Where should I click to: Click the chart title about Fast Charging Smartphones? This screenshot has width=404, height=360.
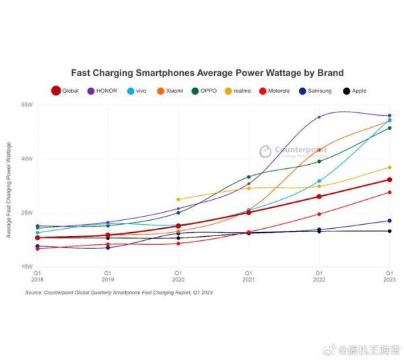(207, 72)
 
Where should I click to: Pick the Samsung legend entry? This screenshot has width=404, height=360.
(313, 91)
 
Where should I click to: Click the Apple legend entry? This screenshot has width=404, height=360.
(355, 91)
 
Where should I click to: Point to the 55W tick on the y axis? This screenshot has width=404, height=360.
(28, 106)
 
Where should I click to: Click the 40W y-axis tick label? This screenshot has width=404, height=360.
(28, 159)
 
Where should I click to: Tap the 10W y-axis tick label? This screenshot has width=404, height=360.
(28, 266)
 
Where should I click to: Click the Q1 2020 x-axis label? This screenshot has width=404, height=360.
(178, 275)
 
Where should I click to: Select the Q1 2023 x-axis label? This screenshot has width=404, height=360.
(389, 275)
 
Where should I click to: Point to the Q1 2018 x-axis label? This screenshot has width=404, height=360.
(38, 275)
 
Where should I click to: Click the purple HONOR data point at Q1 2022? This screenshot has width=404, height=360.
(319, 116)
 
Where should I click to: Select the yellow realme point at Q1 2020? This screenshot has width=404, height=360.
(178, 199)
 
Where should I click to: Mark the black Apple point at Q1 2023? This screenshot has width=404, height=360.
(389, 231)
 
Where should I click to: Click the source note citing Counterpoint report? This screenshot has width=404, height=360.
(119, 293)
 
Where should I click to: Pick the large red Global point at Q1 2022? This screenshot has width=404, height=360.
(319, 196)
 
